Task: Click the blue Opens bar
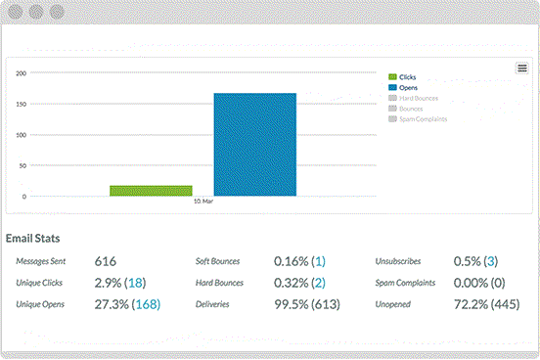coord(254,144)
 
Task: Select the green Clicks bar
coord(151,191)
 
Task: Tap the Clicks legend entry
coord(407,76)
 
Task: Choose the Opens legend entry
coord(408,87)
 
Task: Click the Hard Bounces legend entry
coord(418,98)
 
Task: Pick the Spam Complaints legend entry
coord(423,119)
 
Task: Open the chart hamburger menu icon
coord(522,67)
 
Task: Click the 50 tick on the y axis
coord(22,165)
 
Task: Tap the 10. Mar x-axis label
coord(202,202)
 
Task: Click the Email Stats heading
coord(37,239)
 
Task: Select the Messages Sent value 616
coord(106,262)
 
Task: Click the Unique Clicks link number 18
coord(136,284)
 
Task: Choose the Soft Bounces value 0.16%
coord(291,262)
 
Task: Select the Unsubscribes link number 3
coord(490,262)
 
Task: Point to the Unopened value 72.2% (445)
coord(487,305)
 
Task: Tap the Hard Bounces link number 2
coord(320,284)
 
